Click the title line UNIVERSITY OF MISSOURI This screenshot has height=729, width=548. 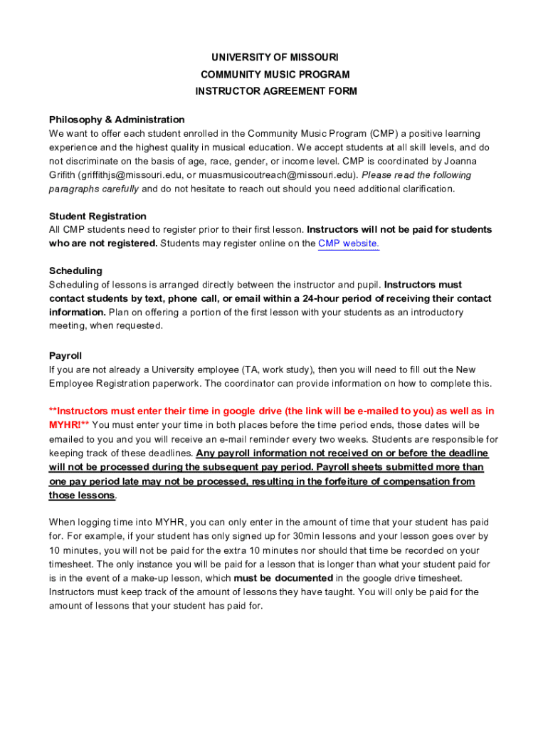[x=274, y=57]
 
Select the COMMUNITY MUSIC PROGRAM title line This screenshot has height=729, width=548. [x=274, y=74]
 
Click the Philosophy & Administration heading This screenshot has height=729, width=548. [x=117, y=120]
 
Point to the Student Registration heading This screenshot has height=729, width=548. [x=98, y=216]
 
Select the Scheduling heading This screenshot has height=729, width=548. [x=75, y=271]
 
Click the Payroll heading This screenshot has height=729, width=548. [x=65, y=355]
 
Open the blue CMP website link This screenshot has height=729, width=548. [x=348, y=243]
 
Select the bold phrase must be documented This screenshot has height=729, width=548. [x=283, y=578]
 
